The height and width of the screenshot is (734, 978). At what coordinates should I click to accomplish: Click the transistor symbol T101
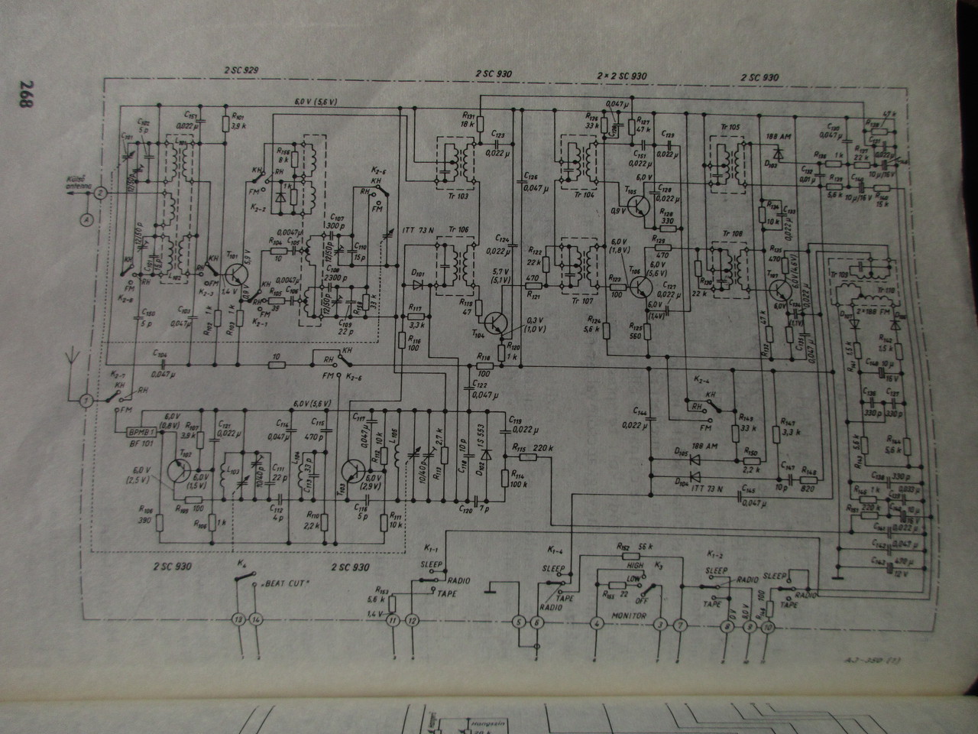point(234,273)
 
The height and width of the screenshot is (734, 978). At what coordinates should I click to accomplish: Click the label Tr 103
point(456,195)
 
